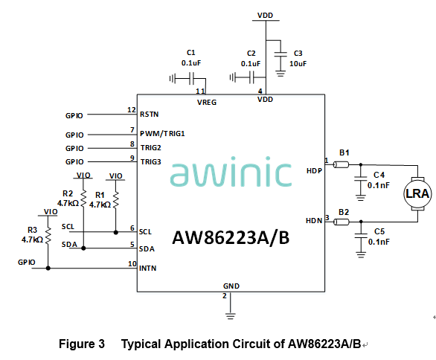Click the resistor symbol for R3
tap(48, 235)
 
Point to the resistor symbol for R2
tap(83, 199)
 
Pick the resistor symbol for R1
tap(115, 199)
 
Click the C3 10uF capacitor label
tap(299, 59)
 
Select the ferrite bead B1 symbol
tap(342, 166)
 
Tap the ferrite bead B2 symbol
tap(342, 219)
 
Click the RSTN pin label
tap(150, 115)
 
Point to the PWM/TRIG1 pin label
tap(162, 134)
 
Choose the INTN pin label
tap(148, 267)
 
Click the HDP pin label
tap(314, 171)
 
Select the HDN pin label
tap(314, 220)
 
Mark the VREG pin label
tap(207, 102)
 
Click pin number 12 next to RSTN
tap(132, 111)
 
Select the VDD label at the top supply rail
tap(265, 15)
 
